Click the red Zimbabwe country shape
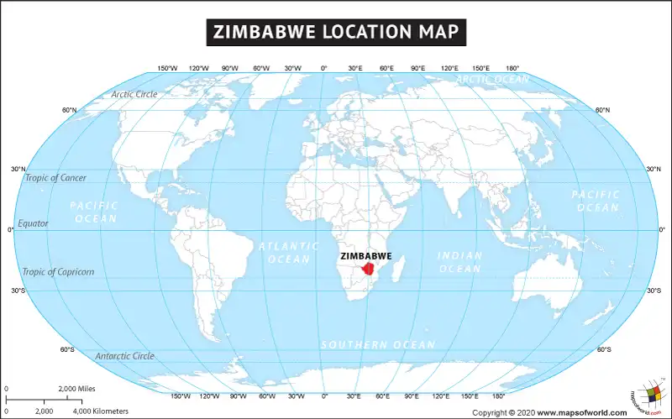point(369,271)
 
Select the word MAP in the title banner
point(438,33)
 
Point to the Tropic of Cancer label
point(55,177)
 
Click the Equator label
point(34,223)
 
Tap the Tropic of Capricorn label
point(58,271)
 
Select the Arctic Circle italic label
point(134,94)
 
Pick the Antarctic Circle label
point(124,356)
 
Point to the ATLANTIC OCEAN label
point(288,253)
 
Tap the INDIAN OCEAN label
point(459,262)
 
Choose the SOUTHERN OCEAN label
point(378,345)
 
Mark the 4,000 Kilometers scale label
point(101,411)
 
